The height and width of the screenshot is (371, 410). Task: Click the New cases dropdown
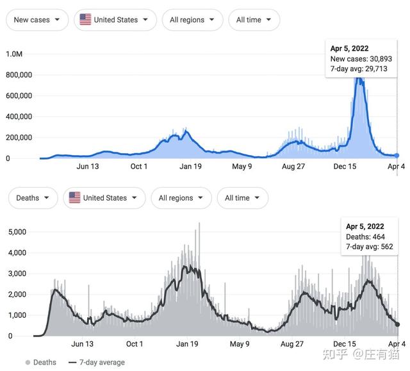[37, 20]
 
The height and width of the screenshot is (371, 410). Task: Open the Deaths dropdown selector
[33, 198]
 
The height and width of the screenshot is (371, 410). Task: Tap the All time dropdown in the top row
[254, 20]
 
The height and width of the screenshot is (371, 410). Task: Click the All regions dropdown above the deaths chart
[181, 198]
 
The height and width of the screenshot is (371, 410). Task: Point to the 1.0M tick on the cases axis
[14, 54]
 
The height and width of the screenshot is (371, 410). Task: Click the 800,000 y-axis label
[19, 75]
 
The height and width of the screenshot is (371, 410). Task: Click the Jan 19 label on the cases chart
[190, 167]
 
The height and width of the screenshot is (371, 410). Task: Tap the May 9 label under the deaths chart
[240, 344]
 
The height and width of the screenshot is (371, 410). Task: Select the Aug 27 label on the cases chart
[293, 167]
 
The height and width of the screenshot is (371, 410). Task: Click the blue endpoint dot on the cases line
[397, 156]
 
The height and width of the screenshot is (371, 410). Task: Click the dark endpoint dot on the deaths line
[397, 324]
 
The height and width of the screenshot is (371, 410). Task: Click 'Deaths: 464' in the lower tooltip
[365, 236]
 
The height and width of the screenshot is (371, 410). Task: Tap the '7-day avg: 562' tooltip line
[369, 247]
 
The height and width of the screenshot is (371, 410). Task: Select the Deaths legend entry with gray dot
[41, 363]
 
